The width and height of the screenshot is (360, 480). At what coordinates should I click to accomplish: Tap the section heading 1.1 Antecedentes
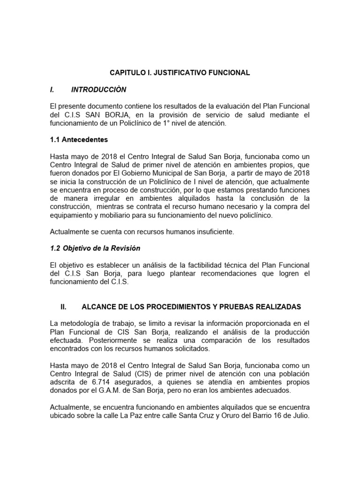coord(79,140)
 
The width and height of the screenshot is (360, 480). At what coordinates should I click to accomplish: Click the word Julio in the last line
coord(300,415)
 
